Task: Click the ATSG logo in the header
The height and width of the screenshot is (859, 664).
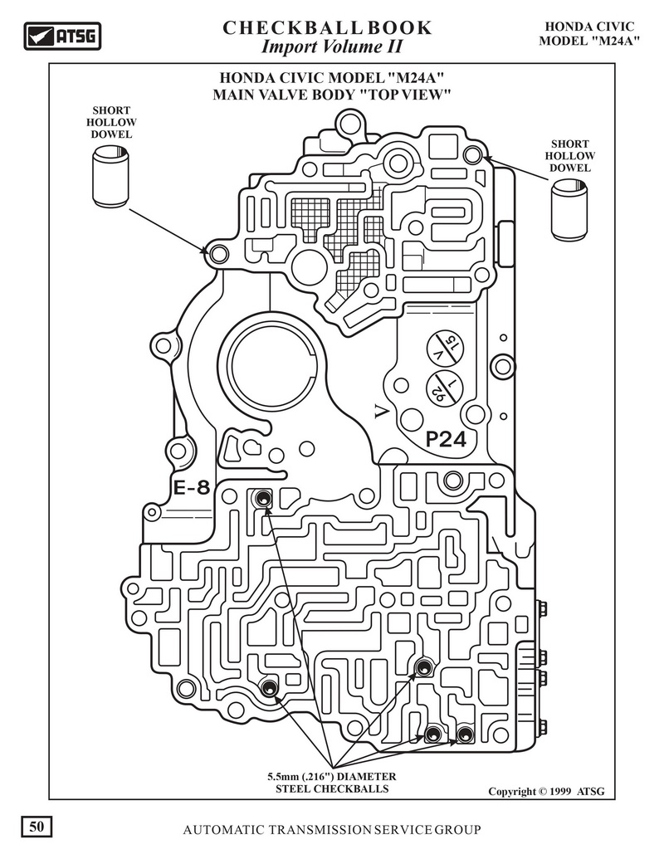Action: click(x=61, y=37)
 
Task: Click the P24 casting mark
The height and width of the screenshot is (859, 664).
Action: click(x=446, y=441)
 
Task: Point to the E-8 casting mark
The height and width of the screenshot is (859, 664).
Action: click(x=192, y=488)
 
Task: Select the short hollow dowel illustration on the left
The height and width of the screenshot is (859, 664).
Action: click(x=110, y=177)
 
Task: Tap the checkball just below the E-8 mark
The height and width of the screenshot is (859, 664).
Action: click(x=263, y=499)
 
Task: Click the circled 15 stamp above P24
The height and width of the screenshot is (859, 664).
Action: click(x=445, y=349)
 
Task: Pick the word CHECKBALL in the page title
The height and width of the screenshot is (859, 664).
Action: click(x=279, y=28)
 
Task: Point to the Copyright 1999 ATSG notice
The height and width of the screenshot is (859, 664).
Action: click(x=540, y=792)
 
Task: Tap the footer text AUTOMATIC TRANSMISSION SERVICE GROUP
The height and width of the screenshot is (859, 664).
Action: click(x=331, y=831)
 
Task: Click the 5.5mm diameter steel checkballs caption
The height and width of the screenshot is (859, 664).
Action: click(x=331, y=783)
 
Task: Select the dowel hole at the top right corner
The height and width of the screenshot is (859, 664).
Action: click(x=472, y=154)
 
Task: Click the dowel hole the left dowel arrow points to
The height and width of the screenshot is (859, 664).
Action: click(x=218, y=254)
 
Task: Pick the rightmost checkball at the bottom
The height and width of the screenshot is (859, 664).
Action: click(x=464, y=735)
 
